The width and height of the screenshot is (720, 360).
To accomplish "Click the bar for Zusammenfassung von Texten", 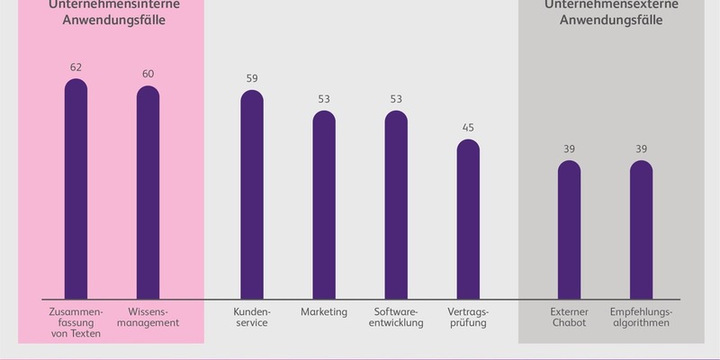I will tap(76, 189).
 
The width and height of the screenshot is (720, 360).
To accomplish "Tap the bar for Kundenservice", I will tap(252, 193).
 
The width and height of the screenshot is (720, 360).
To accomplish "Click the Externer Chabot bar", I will tap(569, 229).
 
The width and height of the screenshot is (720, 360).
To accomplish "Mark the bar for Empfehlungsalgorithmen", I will tap(641, 229).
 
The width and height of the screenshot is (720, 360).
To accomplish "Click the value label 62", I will tap(76, 67).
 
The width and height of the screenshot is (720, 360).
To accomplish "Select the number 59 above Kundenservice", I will tap(252, 78).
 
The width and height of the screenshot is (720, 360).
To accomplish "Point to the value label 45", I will tap(468, 128).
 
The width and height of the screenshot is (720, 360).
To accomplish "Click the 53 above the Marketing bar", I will tap(324, 99).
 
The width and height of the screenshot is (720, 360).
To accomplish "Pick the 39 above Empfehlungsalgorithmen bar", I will tap(641, 149).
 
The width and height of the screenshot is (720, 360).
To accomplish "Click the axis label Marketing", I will tap(324, 311).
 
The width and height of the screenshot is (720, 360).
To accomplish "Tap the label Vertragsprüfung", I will tap(468, 317).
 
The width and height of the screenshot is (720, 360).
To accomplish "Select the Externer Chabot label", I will tap(569, 317).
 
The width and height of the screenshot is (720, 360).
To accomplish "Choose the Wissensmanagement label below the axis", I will tap(148, 317).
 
